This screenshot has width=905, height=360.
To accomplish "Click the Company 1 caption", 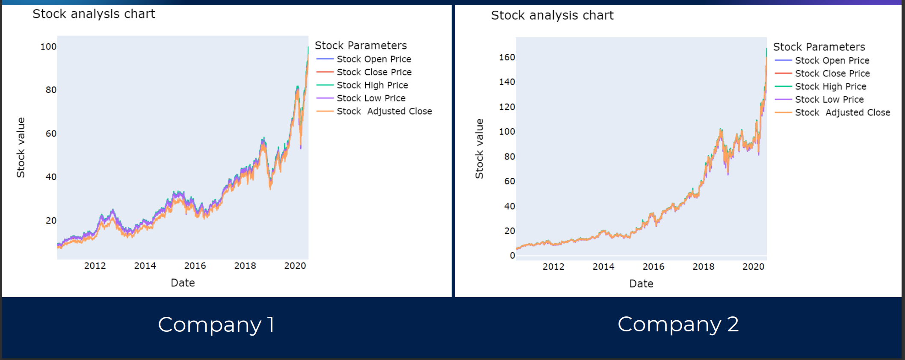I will tap(216, 325).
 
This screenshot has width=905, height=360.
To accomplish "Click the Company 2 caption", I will tap(678, 324).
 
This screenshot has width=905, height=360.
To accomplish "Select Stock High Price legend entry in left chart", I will tap(372, 85).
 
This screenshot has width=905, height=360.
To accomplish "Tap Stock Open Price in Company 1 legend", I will tap(373, 59).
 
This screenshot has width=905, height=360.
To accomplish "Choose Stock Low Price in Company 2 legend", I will tap(829, 100).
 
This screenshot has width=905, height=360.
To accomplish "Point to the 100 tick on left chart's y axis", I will tap(48, 47).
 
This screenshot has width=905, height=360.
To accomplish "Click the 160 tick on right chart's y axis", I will tap(507, 57).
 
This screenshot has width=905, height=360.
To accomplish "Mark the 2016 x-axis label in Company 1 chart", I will tap(195, 266).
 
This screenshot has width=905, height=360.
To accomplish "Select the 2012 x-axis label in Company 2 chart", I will tap(553, 267).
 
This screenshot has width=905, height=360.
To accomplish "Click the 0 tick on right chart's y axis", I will tap(512, 256).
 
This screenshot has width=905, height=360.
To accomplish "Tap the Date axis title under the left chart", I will tap(183, 283).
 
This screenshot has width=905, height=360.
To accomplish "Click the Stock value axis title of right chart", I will tap(479, 149).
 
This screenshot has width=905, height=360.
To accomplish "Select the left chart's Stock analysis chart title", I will tap(94, 14).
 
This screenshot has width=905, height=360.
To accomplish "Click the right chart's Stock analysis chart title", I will tap(552, 15).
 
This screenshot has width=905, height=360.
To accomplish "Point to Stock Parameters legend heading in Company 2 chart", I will tap(819, 47).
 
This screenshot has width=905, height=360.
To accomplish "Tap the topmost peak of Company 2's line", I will tap(766, 49).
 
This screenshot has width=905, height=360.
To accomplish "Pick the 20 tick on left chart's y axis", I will tap(51, 221).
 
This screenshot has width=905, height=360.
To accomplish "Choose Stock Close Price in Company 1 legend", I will tap(374, 72).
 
